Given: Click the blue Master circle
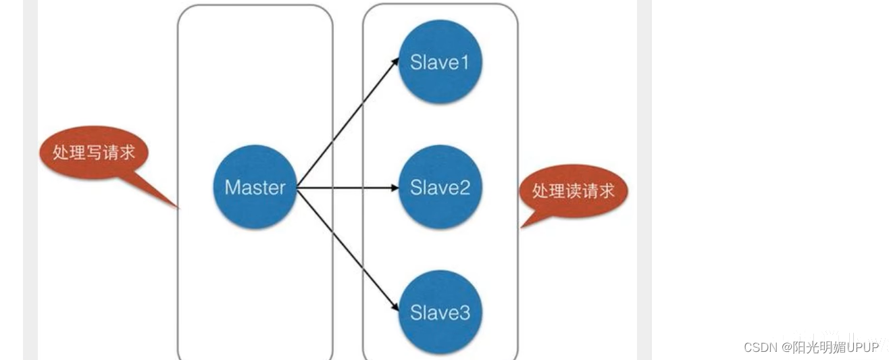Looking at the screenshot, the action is (254, 187).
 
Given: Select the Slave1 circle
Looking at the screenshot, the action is (440, 62).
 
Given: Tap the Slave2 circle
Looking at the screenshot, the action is (440, 187).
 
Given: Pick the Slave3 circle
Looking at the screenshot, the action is (440, 312).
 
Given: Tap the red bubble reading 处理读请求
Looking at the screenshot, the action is (574, 191).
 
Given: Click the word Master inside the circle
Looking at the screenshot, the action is (254, 187).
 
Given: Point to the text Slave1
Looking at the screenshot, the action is (440, 62).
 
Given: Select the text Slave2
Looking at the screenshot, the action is (440, 187).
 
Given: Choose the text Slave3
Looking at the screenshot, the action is (440, 313).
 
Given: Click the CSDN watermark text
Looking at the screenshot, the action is (811, 347).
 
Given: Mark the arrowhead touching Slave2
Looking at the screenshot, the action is (395, 187).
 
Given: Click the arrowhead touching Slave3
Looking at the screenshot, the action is (395, 308).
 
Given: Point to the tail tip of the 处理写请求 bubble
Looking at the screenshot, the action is (178, 208).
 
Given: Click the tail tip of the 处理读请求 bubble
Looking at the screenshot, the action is (522, 227).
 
